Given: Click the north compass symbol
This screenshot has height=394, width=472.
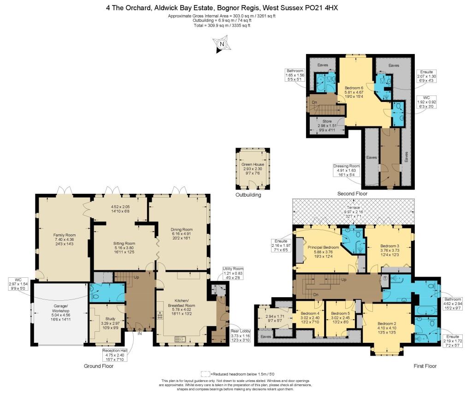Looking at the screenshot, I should [222, 44].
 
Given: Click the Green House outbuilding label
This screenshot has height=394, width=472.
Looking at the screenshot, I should [253, 168].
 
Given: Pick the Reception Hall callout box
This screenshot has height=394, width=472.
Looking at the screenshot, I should [113, 355].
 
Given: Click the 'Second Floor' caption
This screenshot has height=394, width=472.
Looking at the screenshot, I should [352, 194].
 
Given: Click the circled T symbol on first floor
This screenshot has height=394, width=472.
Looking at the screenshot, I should [385, 279].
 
